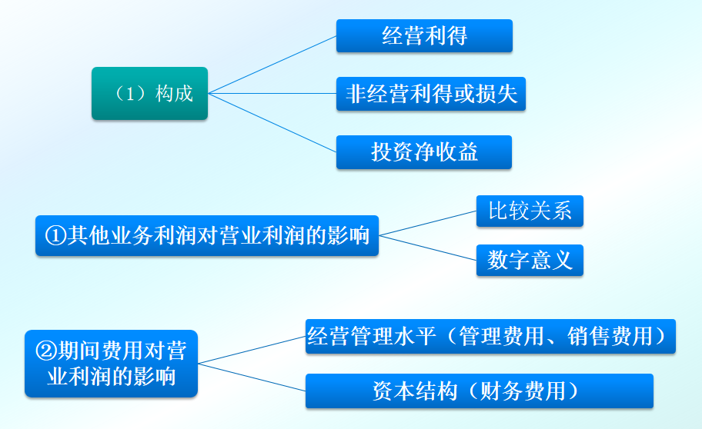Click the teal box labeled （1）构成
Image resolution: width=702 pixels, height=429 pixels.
(x=149, y=93)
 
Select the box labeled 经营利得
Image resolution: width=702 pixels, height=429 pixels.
(x=424, y=35)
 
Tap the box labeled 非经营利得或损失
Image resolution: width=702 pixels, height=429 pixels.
(x=430, y=93)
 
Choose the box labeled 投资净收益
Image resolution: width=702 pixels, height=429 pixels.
(x=424, y=151)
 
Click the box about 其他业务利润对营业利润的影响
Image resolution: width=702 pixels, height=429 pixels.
(x=206, y=235)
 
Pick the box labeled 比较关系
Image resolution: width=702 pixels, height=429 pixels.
(x=530, y=211)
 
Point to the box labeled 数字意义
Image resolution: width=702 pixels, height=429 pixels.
(x=530, y=261)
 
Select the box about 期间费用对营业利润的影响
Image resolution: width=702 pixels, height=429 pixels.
(x=111, y=364)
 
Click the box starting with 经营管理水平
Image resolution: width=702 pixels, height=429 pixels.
(x=490, y=336)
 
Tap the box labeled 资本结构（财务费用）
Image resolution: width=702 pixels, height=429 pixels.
(x=479, y=391)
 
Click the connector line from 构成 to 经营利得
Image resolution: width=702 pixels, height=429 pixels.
(x=272, y=65)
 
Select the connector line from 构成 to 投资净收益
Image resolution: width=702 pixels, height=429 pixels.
(x=272, y=123)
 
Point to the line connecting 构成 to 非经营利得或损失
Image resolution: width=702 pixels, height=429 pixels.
(x=272, y=94)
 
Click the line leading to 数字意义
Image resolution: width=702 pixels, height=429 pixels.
(x=428, y=247)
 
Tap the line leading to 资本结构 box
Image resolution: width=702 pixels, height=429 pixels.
(x=252, y=377)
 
